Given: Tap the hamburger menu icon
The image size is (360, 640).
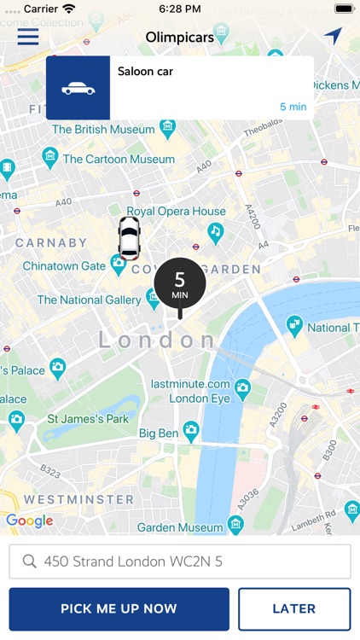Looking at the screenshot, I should [28, 37].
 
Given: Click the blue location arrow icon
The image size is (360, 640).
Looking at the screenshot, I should [333, 36].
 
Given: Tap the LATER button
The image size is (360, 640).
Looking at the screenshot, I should [293, 608].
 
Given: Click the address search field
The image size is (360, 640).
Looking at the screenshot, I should [180, 561].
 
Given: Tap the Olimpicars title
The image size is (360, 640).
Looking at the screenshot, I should [180, 37].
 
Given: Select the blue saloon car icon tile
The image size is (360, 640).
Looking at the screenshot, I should [78, 88].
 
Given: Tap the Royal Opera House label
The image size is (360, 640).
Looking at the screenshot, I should [177, 212].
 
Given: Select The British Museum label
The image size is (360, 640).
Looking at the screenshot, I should [104, 130].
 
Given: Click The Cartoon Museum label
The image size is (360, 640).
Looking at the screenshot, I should [118, 159].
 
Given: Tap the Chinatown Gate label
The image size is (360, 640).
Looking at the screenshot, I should [64, 266].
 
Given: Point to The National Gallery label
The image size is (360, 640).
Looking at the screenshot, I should [89, 300].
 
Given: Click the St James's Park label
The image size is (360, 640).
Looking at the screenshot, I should [88, 419].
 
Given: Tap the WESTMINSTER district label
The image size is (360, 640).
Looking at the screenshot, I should [78, 499].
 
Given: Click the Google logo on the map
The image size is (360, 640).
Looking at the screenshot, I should [29, 521].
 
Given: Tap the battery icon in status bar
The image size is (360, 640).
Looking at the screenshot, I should [343, 9].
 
